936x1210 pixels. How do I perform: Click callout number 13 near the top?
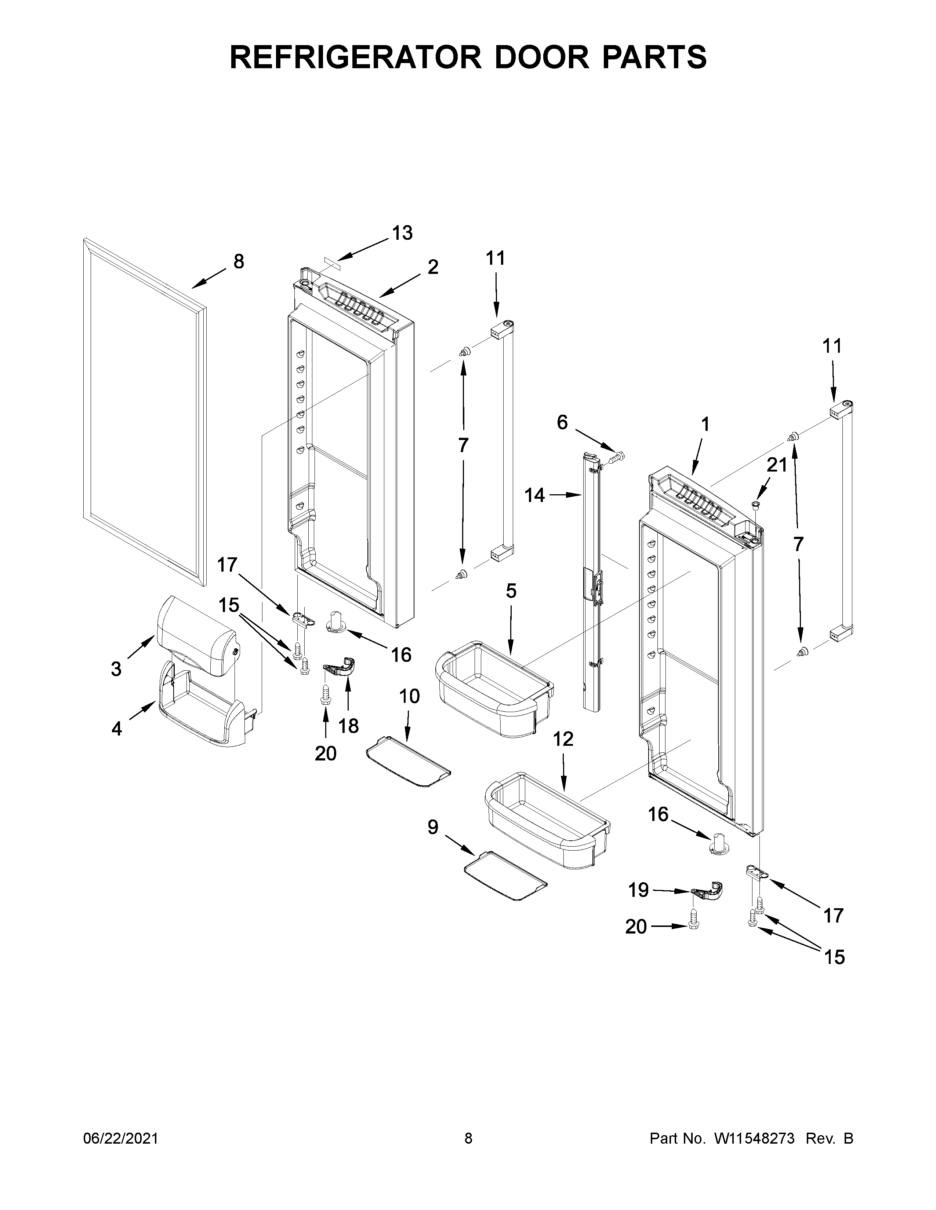click(403, 233)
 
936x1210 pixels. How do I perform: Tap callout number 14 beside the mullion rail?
click(534, 495)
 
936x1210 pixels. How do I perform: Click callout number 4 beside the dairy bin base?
click(116, 729)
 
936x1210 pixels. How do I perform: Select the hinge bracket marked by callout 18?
click(340, 667)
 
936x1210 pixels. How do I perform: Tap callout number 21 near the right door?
click(777, 465)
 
